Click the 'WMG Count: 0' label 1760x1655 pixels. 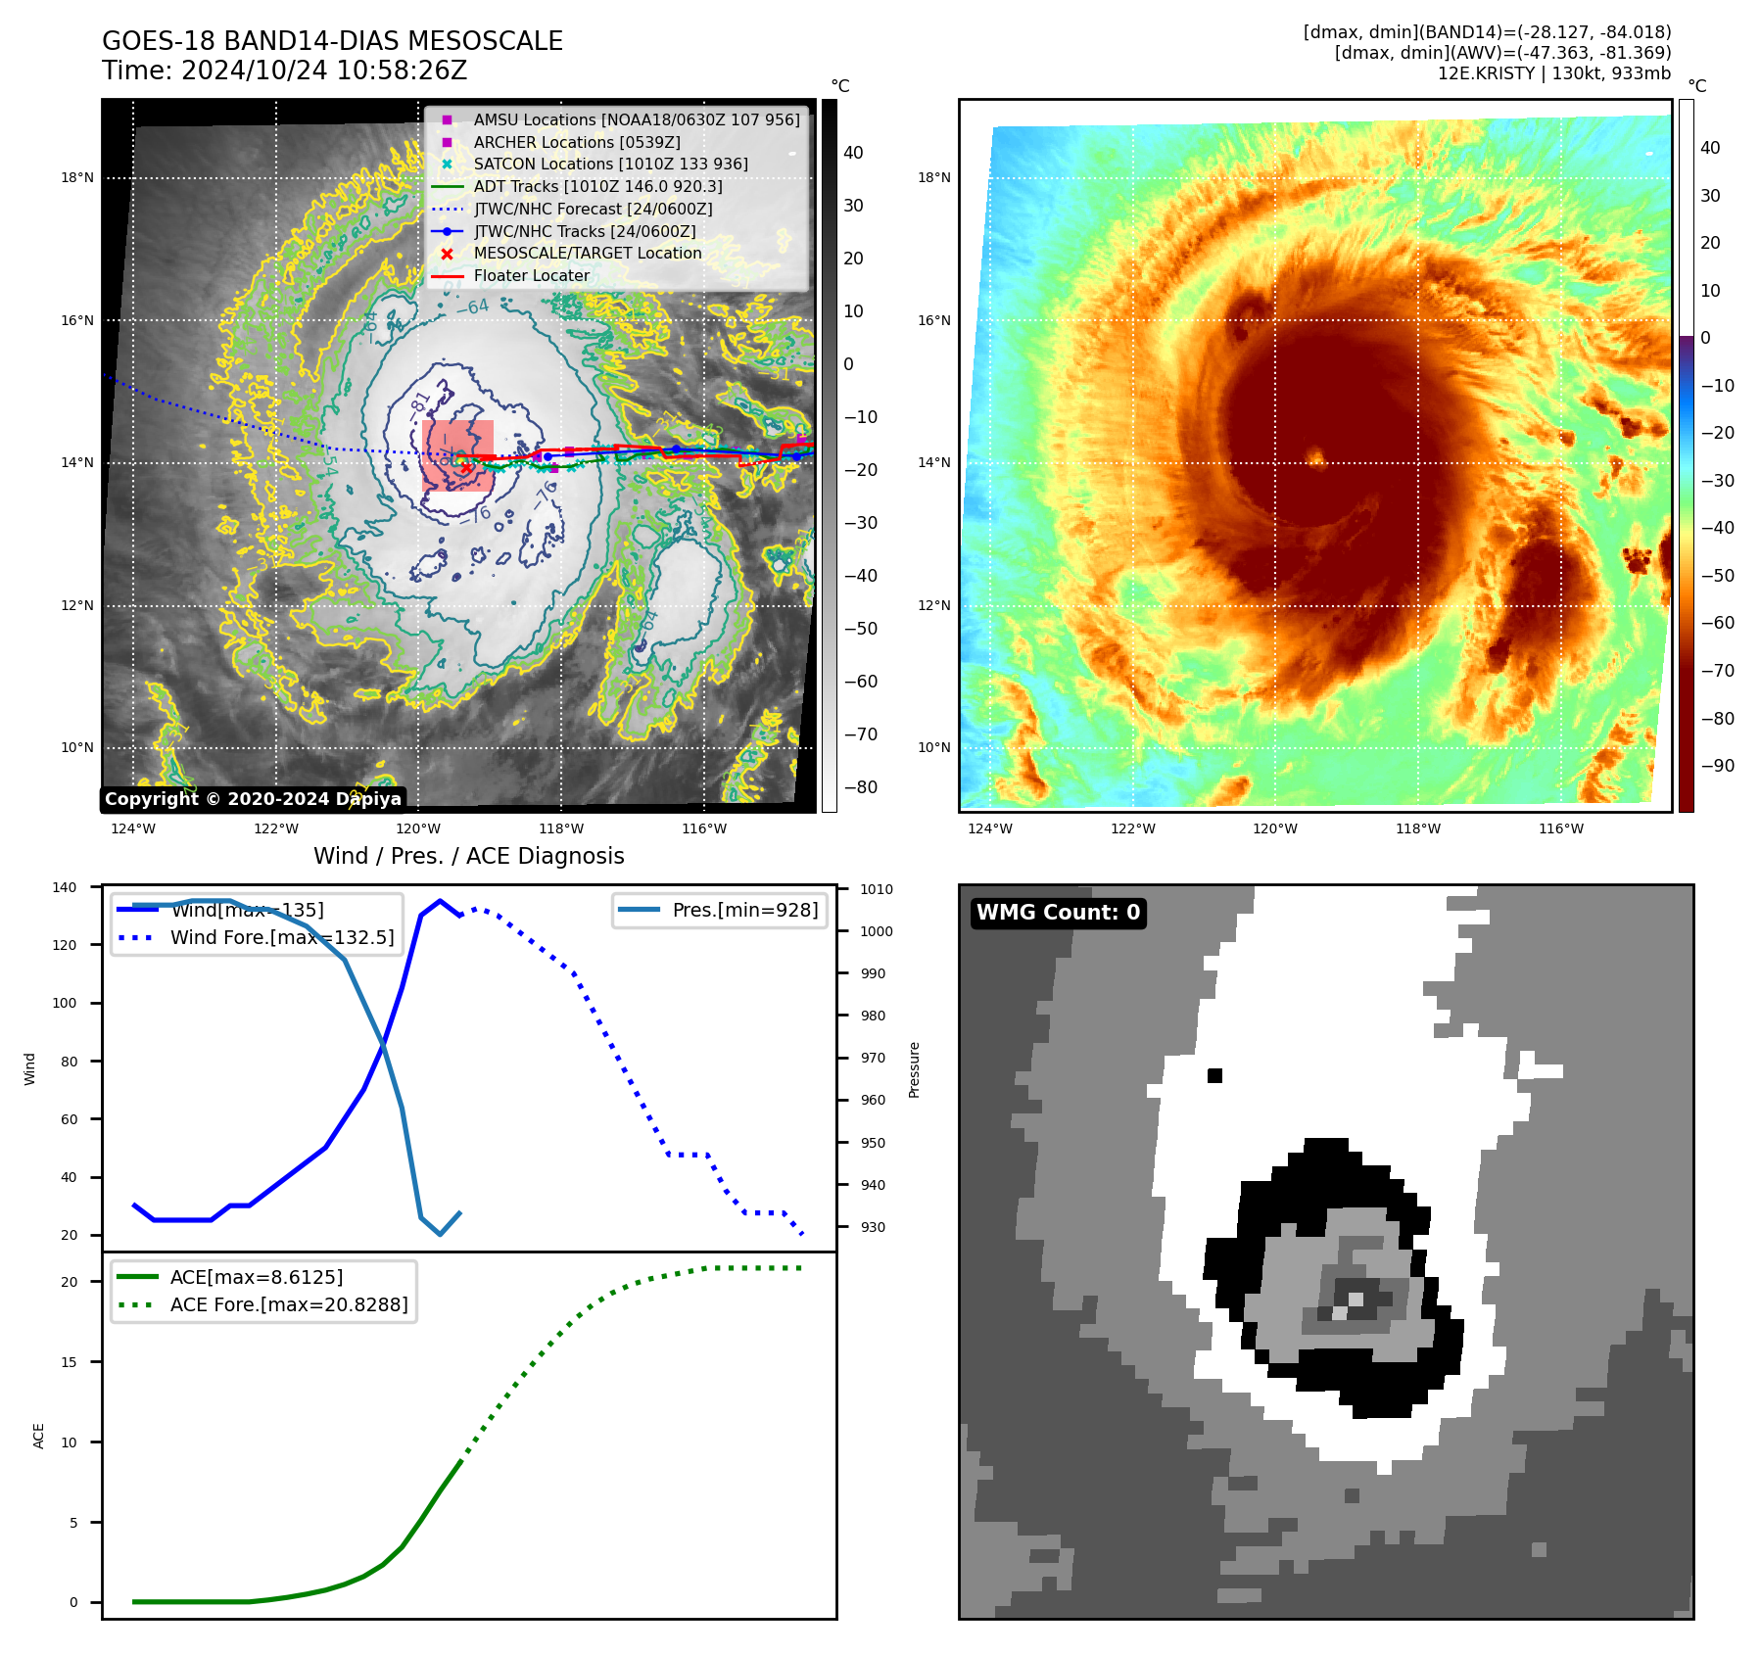coord(1058,913)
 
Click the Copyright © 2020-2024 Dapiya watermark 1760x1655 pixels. coord(253,799)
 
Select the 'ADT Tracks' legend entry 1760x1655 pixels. coord(597,186)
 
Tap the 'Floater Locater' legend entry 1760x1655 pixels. coord(531,276)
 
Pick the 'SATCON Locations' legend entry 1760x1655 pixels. coord(610,164)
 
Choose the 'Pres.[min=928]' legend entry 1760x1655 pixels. coord(744,910)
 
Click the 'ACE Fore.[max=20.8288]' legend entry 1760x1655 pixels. coord(288,1304)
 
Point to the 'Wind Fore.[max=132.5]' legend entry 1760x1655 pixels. coord(282,937)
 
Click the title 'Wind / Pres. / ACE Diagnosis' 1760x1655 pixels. coord(468,856)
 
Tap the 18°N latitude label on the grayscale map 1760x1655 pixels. coord(77,178)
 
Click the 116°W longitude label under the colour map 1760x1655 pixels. coord(1560,828)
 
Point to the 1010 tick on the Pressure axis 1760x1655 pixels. coord(877,889)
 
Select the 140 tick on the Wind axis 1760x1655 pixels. coord(65,887)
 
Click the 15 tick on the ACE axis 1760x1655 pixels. coord(69,1362)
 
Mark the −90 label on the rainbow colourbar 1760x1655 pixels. coord(1717,766)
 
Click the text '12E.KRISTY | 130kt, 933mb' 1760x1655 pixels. coord(1553,73)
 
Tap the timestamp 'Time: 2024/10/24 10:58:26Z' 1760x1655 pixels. coord(284,71)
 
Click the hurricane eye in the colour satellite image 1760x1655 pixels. coord(1315,457)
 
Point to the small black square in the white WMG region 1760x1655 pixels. coord(1214,1075)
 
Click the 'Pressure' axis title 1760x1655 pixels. coord(914,1069)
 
